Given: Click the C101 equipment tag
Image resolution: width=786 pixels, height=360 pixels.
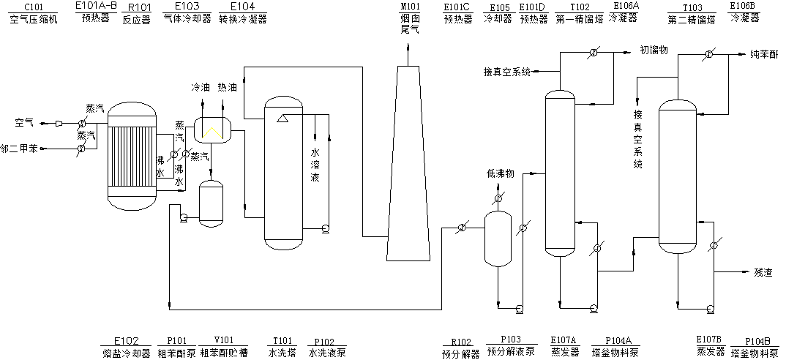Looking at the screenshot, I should click(33, 7).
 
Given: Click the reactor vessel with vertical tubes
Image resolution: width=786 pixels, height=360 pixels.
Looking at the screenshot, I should click(132, 155).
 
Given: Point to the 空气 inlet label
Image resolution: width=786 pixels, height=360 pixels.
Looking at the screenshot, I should click(24, 122).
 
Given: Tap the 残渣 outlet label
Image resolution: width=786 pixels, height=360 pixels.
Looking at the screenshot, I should click(763, 271).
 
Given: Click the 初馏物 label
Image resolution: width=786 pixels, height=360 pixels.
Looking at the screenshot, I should click(654, 50).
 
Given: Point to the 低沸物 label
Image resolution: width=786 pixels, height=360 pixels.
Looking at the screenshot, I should click(501, 174).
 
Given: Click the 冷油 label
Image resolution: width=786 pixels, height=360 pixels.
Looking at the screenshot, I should click(200, 87).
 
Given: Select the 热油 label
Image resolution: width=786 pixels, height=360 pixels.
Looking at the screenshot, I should click(227, 87).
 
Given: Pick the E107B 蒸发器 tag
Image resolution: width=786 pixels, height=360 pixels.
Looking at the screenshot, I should click(709, 345).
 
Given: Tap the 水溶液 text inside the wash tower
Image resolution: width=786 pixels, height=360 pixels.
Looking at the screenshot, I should click(315, 165).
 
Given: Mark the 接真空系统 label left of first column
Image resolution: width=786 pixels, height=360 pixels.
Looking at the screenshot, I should click(506, 72).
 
